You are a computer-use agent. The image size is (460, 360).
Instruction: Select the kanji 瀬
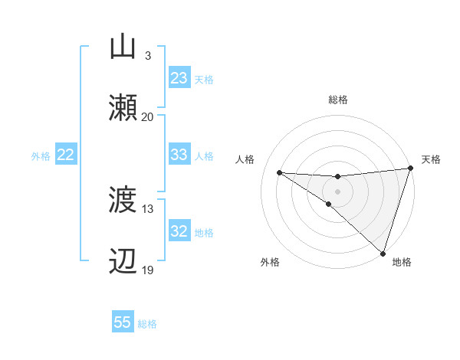point(123,107)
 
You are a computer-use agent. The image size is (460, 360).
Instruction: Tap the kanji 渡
point(123,201)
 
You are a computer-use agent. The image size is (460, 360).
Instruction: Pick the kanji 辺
point(123,261)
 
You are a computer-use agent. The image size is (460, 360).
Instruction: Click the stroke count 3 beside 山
point(147,56)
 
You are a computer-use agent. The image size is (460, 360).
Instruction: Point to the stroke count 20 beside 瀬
point(147,116)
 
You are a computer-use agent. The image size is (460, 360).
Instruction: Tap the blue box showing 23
point(179,78)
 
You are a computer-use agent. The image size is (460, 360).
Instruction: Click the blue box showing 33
point(179,155)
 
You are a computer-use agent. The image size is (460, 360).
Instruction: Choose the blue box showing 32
point(179,231)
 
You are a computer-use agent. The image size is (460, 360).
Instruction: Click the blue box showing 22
point(66,155)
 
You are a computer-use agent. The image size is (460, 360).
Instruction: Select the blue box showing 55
point(123,322)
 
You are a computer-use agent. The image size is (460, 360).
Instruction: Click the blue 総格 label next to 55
point(147,324)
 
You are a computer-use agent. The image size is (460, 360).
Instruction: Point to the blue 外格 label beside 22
point(41,155)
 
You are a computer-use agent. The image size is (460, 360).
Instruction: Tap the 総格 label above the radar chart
point(337,100)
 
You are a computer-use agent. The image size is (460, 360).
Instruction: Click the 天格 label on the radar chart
point(431,159)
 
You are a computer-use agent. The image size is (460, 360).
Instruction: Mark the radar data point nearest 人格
point(279,172)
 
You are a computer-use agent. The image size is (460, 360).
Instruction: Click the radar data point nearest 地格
point(383,253)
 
